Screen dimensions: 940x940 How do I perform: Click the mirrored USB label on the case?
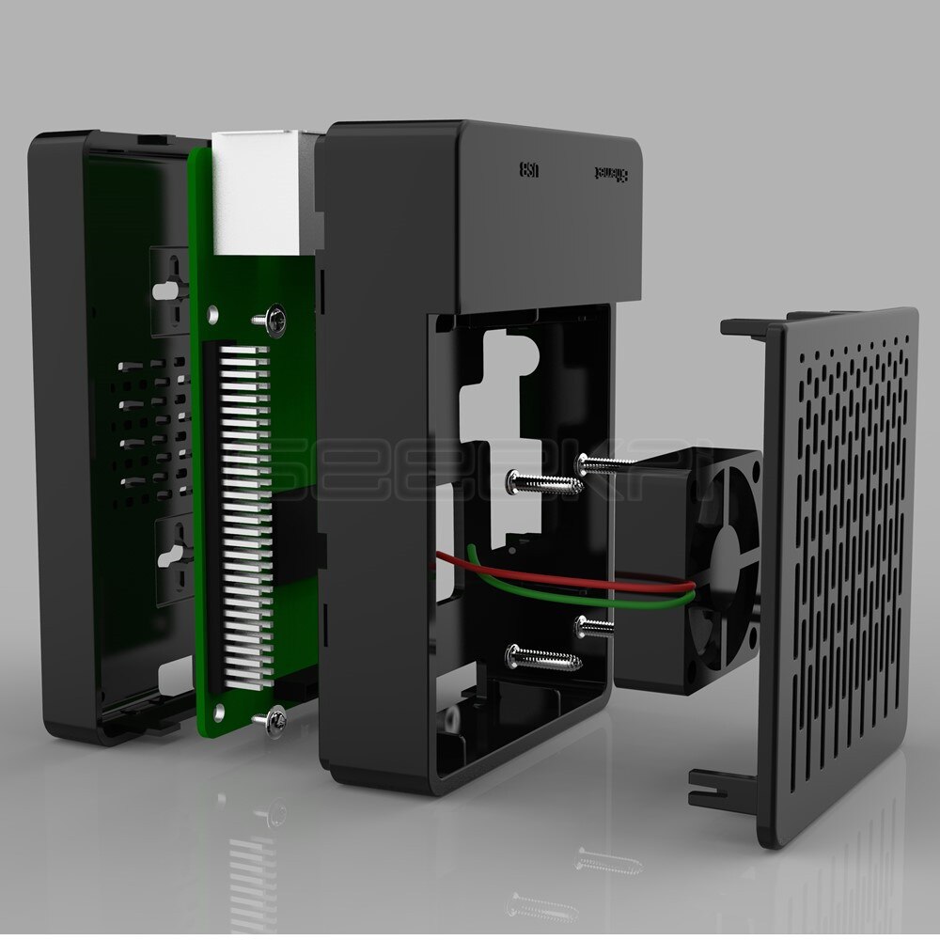pos(529,170)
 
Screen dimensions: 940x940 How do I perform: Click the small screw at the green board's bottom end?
pos(275,719)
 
